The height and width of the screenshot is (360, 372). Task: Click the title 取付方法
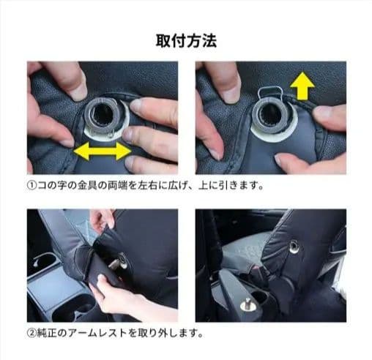(186, 41)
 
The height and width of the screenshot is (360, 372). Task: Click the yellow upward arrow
(302, 86)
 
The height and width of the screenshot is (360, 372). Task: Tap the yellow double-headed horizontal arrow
(103, 151)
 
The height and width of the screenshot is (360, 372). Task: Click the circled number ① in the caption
(31, 186)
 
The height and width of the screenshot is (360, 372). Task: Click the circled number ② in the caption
(31, 333)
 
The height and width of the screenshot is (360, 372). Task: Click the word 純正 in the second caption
(47, 333)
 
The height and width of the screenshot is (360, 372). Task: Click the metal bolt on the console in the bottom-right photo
(248, 304)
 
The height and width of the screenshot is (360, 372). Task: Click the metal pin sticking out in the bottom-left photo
(116, 263)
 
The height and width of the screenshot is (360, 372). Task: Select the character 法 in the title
(209, 41)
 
